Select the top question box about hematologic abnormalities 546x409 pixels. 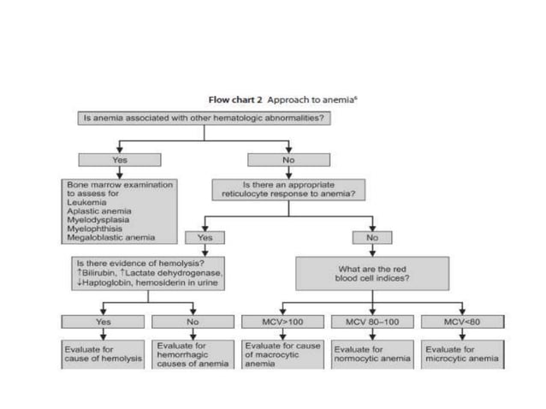tap(203, 118)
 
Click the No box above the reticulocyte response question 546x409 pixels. tap(288, 159)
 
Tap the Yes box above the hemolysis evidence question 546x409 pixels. tap(205, 238)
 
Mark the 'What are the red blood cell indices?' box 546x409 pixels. tap(372, 274)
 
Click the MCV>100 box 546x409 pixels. tap(282, 322)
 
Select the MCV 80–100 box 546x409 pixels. tap(371, 322)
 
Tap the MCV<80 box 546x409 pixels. tap(462, 322)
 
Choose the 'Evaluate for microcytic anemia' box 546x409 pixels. tap(463, 353)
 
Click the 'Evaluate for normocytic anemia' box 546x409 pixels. tap(371, 353)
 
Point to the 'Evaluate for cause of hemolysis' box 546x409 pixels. tap(103, 353)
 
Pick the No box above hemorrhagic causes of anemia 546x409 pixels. tap(193, 322)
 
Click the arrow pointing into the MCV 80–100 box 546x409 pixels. tap(371, 311)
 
